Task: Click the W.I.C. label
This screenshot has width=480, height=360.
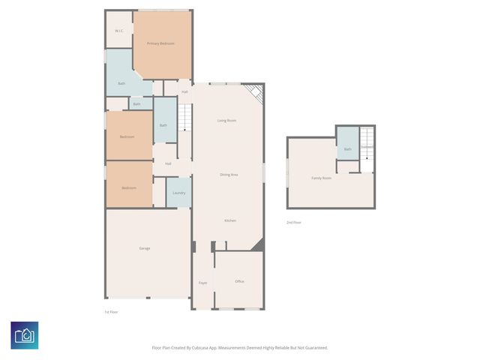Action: pos(119,31)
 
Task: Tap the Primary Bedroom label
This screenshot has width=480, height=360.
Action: pos(160,43)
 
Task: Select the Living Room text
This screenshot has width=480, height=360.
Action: pos(227,120)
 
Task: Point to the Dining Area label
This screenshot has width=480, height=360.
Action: pos(229,174)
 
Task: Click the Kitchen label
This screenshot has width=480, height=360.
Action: pos(230,220)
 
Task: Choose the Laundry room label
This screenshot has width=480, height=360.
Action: pos(178,193)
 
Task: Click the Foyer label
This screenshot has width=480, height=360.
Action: pos(202,283)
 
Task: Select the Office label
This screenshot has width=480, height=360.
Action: pos(239,281)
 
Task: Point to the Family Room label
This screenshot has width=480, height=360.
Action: pos(321,178)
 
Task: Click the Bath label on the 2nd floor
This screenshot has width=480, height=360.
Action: pos(347,149)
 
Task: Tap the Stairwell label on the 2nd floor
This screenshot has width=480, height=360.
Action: pos(367,147)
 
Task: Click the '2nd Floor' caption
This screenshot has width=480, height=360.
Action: pos(295,223)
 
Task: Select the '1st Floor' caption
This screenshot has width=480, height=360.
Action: pos(111,311)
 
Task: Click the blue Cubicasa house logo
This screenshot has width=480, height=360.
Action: pos(25,335)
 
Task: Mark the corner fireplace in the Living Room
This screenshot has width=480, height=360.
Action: pos(256,93)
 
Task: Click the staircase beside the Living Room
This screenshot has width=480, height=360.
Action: pos(185,120)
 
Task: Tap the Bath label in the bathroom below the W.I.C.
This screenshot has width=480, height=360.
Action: pos(121,83)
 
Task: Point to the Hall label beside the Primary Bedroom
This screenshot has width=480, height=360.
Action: pos(184,91)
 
